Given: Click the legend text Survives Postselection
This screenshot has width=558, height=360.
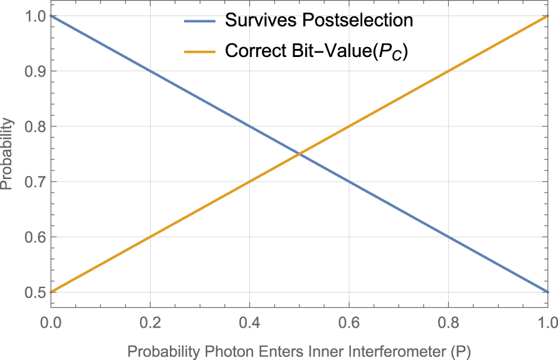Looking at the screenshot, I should pyautogui.click(x=319, y=20).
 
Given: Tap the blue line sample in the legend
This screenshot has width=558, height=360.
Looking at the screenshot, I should pyautogui.click(x=200, y=21).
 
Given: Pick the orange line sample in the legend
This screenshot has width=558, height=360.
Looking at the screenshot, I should pyautogui.click(x=200, y=51).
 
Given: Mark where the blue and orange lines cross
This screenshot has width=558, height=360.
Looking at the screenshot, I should pyautogui.click(x=299, y=154).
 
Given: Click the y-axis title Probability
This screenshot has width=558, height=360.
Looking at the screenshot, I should pyautogui.click(x=7, y=154).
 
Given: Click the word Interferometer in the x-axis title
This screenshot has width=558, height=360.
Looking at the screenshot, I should pyautogui.click(x=391, y=351).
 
